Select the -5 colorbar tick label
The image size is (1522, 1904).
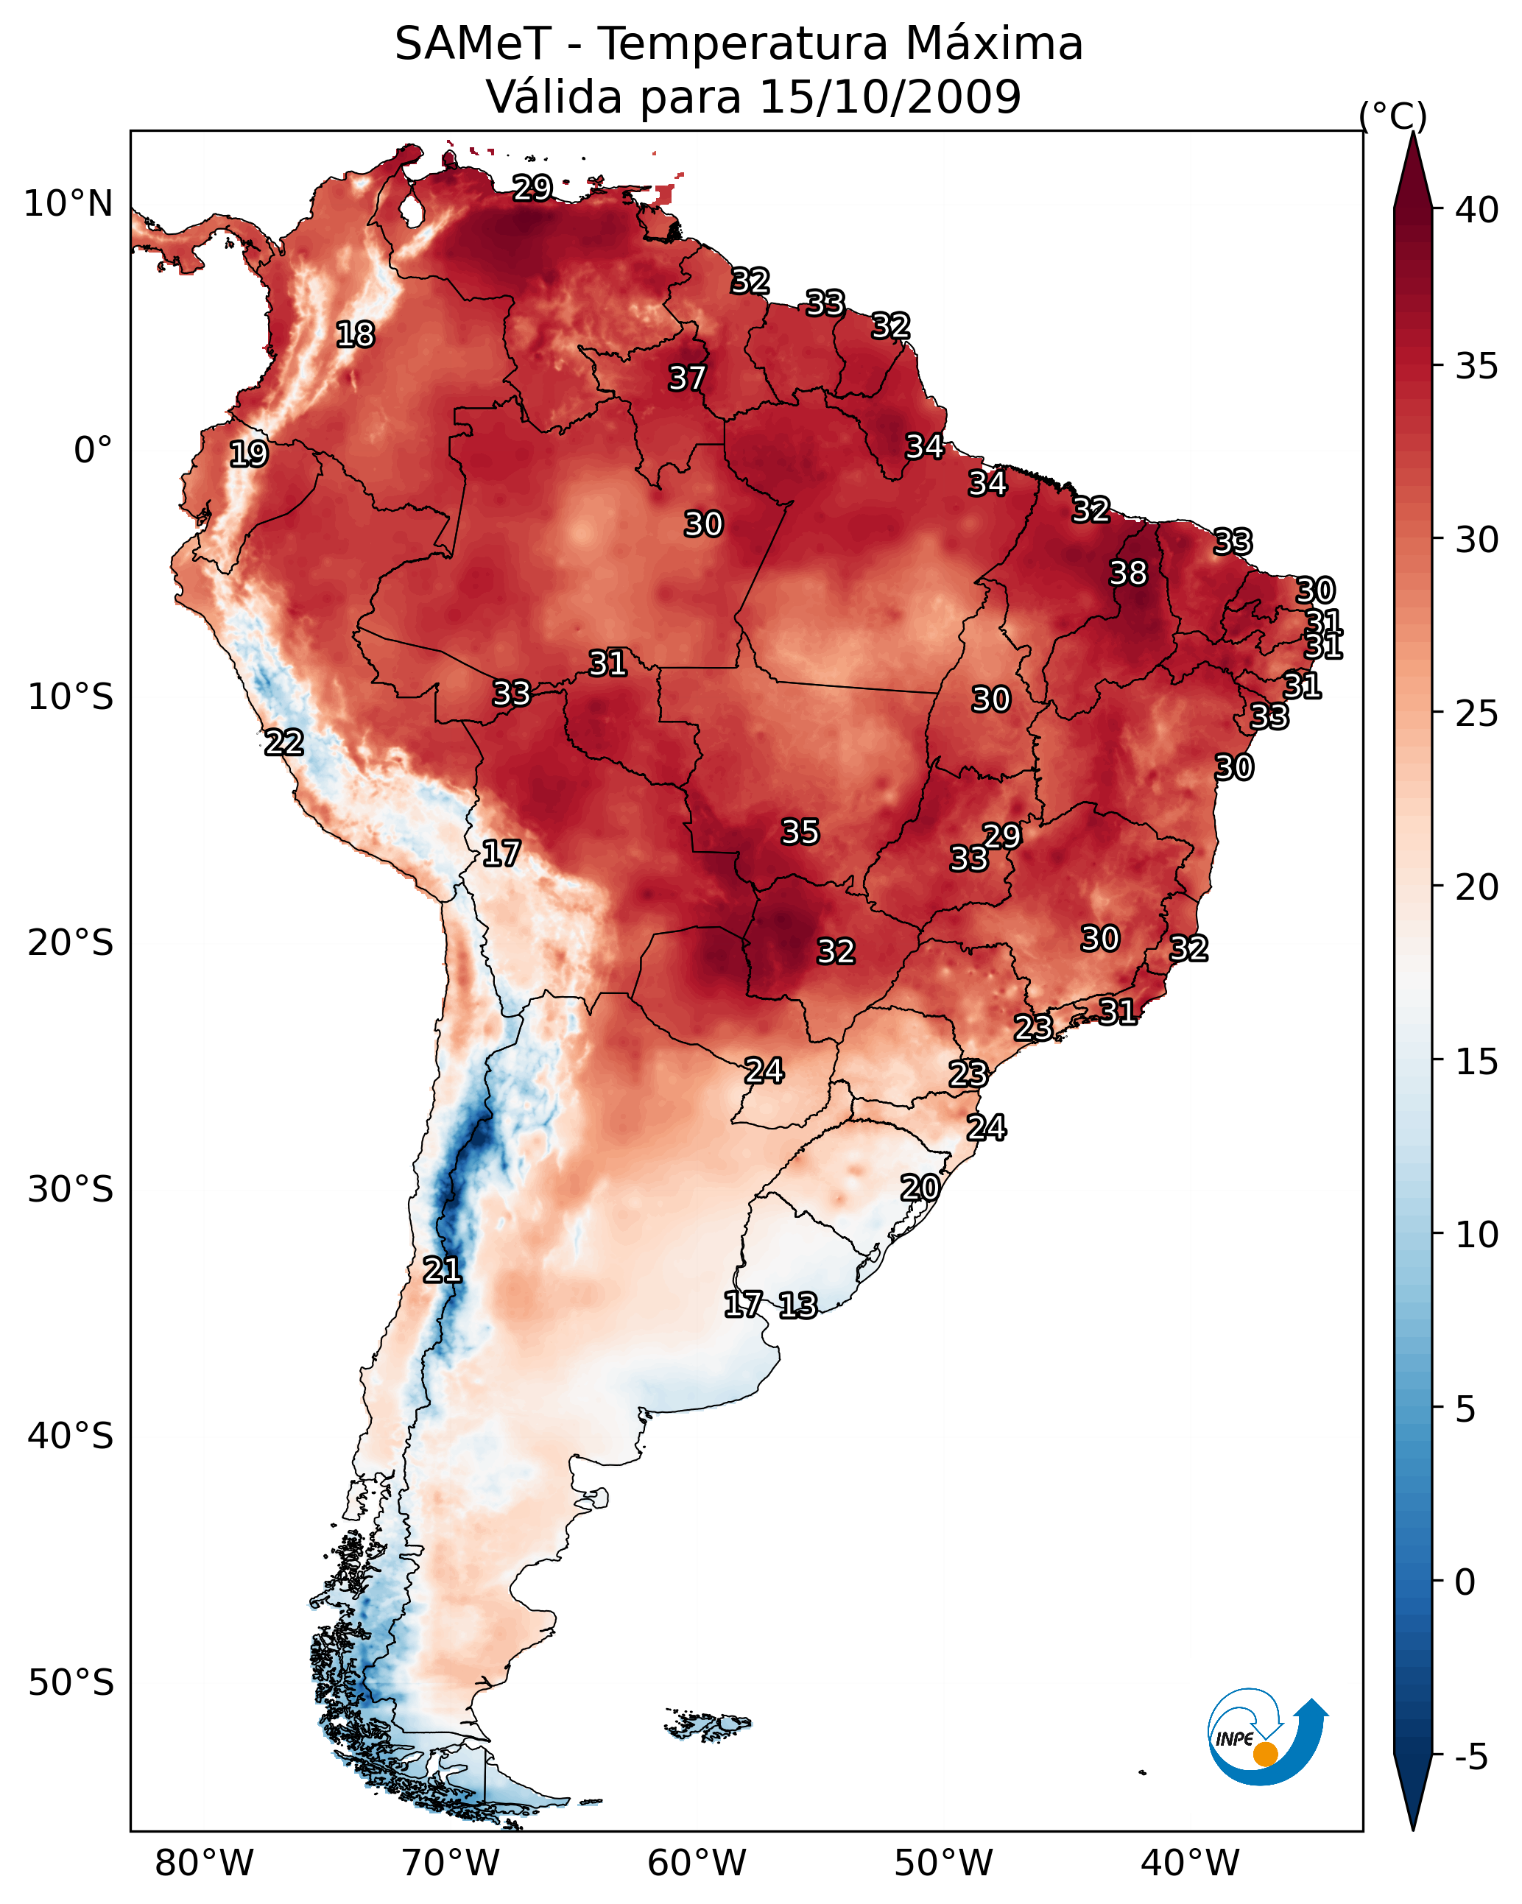point(1470,1757)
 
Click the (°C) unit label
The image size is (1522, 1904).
point(1392,116)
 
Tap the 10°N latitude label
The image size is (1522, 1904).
point(68,204)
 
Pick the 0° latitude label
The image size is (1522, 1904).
point(93,451)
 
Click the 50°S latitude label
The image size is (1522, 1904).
point(71,1682)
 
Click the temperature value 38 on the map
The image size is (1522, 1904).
point(1128,573)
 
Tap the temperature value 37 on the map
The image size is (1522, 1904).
point(686,378)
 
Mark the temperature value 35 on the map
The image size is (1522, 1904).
point(800,832)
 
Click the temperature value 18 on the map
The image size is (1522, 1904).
point(355,335)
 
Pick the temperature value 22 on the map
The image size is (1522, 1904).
point(283,743)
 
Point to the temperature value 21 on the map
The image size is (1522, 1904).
point(442,1270)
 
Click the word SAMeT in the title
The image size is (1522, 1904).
point(473,44)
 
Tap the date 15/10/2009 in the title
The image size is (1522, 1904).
point(889,97)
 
